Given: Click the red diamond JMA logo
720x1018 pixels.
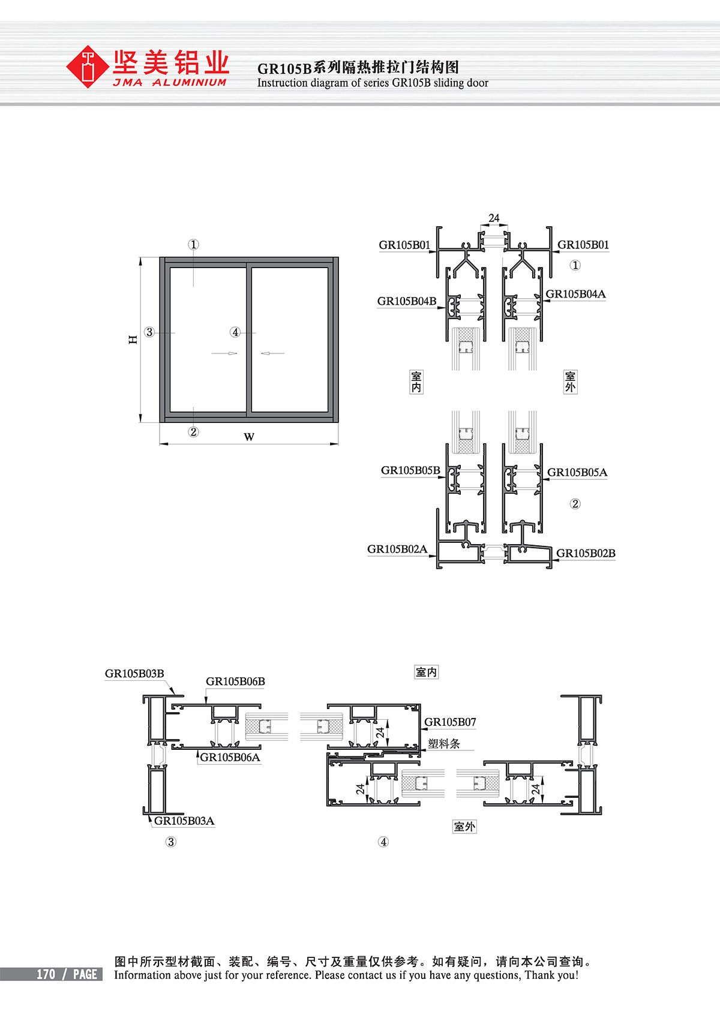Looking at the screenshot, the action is tap(87, 67).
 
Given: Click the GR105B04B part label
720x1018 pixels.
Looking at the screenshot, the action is tap(407, 301).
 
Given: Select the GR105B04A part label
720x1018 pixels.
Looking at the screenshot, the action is tap(575, 294).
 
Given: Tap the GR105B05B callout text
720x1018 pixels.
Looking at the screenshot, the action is tap(410, 470).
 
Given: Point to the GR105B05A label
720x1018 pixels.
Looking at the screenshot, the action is tap(577, 472).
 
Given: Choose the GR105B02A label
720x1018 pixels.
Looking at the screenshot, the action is tap(397, 549).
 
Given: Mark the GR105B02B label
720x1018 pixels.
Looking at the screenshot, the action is tap(586, 553).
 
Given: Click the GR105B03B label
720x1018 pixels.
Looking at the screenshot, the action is tap(134, 674).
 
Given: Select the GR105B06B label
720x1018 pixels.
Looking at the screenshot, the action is tap(235, 681).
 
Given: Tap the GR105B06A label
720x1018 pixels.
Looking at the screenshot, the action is tap(230, 757).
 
